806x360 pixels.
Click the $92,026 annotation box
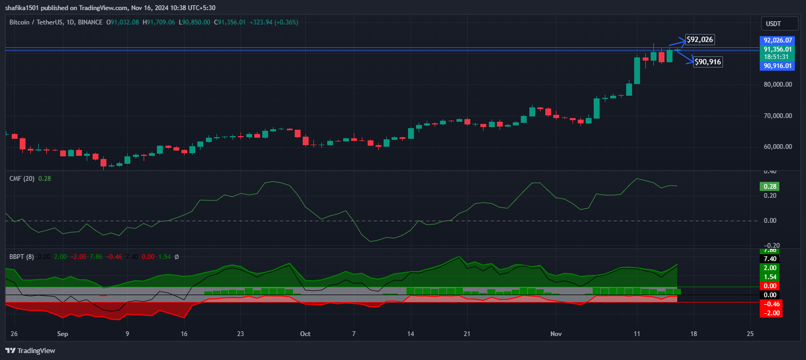[x=700, y=39]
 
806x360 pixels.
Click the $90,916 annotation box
[x=708, y=62]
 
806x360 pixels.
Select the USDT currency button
[x=779, y=23]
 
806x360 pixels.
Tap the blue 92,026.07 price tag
[x=778, y=40]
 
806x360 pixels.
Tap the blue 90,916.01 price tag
[x=778, y=66]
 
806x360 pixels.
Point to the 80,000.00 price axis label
[x=777, y=84]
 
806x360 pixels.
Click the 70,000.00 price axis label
[x=777, y=115]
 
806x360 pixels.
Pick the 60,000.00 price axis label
[x=777, y=146]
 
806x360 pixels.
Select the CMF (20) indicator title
[x=22, y=179]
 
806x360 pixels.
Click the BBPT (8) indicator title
[x=22, y=256]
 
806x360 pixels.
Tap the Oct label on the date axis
[x=305, y=334]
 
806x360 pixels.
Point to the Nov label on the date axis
[x=556, y=334]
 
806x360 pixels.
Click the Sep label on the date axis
[x=63, y=334]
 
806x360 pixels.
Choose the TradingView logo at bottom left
[x=30, y=350]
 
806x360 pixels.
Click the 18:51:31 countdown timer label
[x=776, y=56]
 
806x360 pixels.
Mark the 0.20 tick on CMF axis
[x=770, y=196]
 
